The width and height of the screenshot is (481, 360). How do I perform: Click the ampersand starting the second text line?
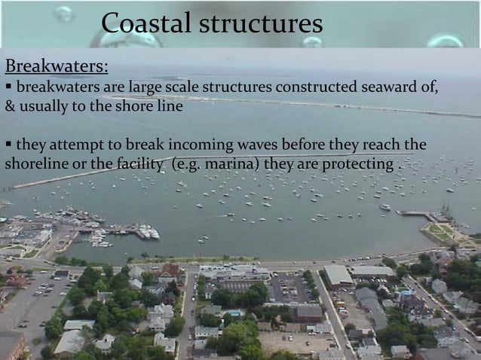(x=9, y=107)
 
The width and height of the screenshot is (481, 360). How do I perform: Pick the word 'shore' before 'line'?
(x=134, y=107)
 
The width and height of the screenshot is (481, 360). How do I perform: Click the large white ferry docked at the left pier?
(x=148, y=233)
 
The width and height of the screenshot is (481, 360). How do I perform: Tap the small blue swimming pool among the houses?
(x=234, y=313)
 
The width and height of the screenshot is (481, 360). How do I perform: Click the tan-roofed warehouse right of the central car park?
(x=337, y=276)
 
